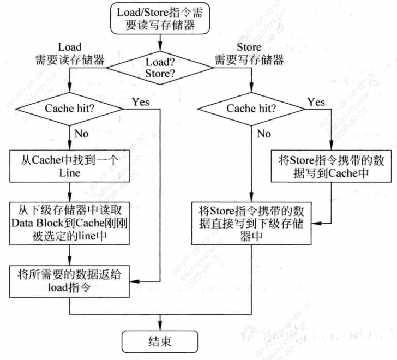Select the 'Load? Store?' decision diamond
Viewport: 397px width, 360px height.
pyautogui.click(x=160, y=68)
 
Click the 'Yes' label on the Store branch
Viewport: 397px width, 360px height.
pyautogui.click(x=316, y=102)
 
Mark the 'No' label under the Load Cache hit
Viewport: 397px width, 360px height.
pyautogui.click(x=82, y=133)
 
